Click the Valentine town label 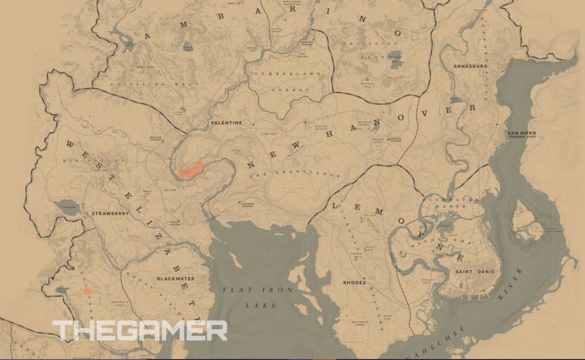click(226, 123)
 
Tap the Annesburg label click(470, 67)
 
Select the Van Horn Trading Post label click(520, 135)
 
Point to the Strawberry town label click(110, 213)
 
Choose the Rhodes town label click(355, 282)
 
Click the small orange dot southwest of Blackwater click(87, 291)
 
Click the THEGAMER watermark click(140, 331)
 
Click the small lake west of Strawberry click(68, 206)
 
